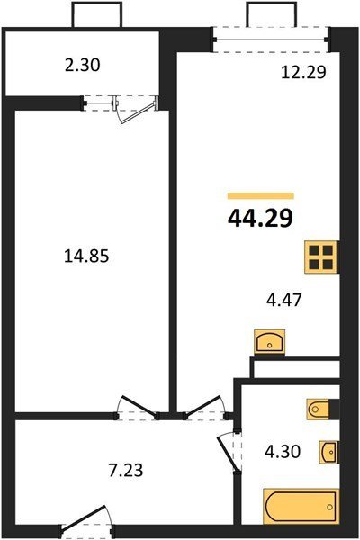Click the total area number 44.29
[260, 219]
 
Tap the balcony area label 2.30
[82, 65]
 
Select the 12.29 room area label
[303, 72]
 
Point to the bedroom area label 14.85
[86, 256]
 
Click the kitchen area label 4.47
[284, 300]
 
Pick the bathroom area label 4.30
[283, 452]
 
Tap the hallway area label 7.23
[125, 470]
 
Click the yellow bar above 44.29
[261, 196]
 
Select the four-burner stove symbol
[320, 257]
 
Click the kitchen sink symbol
[269, 342]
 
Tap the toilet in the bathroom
[319, 409]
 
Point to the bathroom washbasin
[328, 452]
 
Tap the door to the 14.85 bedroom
[138, 408]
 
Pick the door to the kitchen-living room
[206, 408]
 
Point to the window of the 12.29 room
[270, 40]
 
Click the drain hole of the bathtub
[330, 507]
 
